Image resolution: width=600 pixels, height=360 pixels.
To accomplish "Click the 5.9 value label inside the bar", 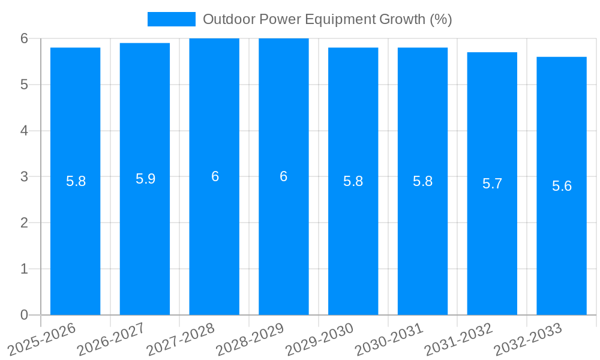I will point(145,179).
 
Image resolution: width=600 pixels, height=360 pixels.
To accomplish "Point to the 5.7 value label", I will point(492,184).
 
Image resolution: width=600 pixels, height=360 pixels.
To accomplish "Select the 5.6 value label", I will point(562,186).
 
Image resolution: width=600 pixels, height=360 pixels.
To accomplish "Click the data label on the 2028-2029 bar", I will point(284,176).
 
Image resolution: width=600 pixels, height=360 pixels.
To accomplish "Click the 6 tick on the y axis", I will point(24,38).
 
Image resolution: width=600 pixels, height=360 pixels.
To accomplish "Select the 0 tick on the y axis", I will point(24,315).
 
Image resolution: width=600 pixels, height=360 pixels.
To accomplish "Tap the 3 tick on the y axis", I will point(24,177).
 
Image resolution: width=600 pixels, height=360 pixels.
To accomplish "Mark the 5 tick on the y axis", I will point(24,85).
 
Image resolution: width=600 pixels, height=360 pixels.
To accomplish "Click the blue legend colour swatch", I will point(171,19).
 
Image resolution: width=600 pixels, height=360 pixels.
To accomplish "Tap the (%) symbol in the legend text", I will point(441,19).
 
